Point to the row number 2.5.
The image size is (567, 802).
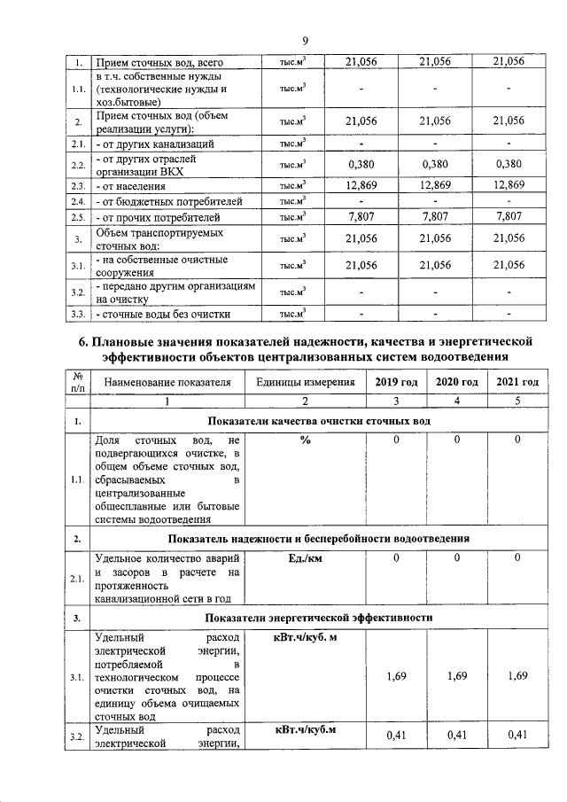coord(79,217)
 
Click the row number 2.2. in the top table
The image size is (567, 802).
coord(79,165)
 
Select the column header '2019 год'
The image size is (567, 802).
coord(396,382)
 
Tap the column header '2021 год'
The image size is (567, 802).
coord(517,382)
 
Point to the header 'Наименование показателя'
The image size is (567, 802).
coord(167,382)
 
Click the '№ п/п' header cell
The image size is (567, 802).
coord(78,382)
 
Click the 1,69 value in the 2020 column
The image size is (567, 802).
coord(457,676)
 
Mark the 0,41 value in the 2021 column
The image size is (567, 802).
coord(517,735)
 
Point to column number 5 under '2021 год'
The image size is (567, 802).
coord(517,401)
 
